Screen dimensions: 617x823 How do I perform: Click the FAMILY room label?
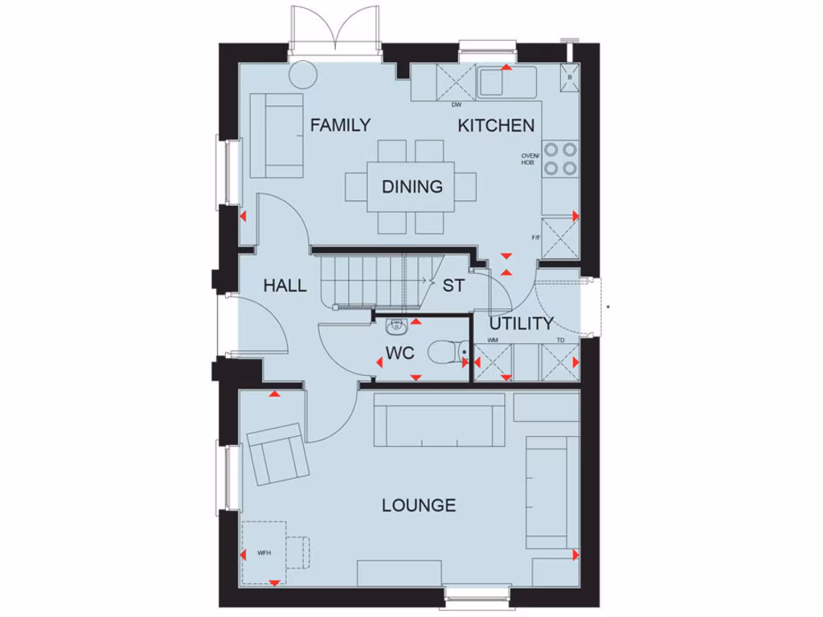click(x=340, y=125)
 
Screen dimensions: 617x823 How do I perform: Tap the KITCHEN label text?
click(x=496, y=125)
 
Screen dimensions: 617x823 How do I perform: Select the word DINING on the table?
click(x=411, y=186)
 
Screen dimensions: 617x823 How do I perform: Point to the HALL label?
click(x=285, y=285)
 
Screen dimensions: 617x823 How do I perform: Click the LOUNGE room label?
click(x=419, y=505)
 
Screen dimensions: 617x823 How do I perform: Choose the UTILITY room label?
click(x=522, y=324)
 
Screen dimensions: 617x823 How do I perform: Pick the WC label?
click(x=399, y=353)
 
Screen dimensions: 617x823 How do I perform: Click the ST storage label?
click(x=453, y=285)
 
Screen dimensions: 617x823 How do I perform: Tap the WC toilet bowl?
click(x=444, y=352)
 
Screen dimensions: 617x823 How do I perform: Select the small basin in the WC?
click(x=395, y=326)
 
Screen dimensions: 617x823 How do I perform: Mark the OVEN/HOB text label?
click(x=528, y=159)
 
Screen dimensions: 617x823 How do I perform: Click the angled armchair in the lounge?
click(x=276, y=454)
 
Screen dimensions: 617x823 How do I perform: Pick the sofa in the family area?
click(x=277, y=135)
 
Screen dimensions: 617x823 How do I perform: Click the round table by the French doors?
click(x=303, y=74)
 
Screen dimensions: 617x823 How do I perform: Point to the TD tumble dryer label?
click(x=560, y=341)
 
